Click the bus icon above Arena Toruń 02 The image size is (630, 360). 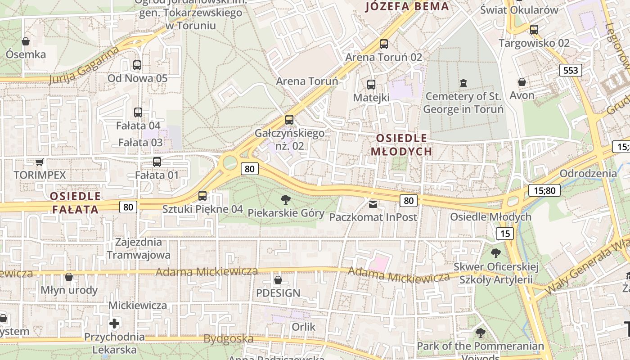click(383, 44)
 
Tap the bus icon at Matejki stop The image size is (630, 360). click(371, 85)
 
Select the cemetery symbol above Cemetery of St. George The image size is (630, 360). click(463, 83)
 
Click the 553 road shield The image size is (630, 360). click(571, 70)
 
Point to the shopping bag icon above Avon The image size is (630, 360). click(522, 82)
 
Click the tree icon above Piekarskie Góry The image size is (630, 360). click(285, 199)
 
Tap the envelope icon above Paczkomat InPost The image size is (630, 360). click(373, 204)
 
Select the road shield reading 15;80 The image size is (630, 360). click(544, 190)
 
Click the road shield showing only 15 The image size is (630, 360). click(505, 233)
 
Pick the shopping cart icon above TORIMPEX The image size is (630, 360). click(40, 162)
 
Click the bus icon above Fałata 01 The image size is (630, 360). click(157, 162)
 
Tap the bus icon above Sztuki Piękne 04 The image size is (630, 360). click(202, 196)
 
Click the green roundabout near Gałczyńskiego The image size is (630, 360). click(230, 162)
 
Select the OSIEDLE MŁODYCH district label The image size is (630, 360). click(401, 144)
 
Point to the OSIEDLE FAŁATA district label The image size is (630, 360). click(75, 202)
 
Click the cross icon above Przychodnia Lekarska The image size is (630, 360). click(114, 324)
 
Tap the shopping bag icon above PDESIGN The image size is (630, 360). click(278, 280)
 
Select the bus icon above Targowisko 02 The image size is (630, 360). click(534, 30)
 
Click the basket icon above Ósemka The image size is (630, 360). click(26, 41)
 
